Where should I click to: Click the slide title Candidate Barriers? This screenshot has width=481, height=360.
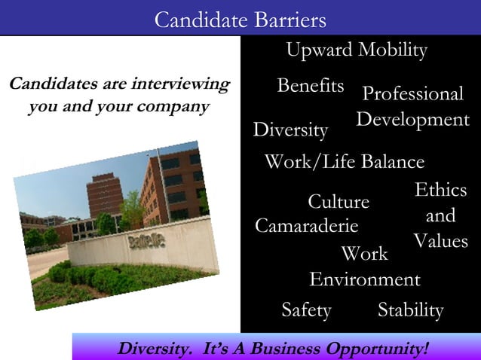[240, 20]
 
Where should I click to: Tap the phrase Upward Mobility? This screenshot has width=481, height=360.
[356, 50]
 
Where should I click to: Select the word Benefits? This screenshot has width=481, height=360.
[311, 85]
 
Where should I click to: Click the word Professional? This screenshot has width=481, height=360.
[412, 94]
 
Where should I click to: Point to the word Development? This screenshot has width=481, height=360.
[412, 120]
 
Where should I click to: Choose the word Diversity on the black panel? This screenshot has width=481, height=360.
[290, 130]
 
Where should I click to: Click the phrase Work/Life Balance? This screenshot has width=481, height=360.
[344, 162]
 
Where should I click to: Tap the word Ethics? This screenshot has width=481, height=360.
[440, 190]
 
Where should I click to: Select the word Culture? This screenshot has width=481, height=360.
[339, 202]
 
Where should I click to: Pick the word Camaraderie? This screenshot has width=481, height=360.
[306, 226]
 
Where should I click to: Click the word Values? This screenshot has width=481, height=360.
[440, 241]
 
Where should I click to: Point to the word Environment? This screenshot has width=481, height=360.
[364, 280]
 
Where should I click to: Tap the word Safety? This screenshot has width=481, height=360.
[306, 310]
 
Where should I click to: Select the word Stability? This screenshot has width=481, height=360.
[410, 310]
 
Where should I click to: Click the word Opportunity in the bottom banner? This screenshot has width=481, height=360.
[373, 349]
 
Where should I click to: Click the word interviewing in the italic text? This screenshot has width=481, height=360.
[180, 83]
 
